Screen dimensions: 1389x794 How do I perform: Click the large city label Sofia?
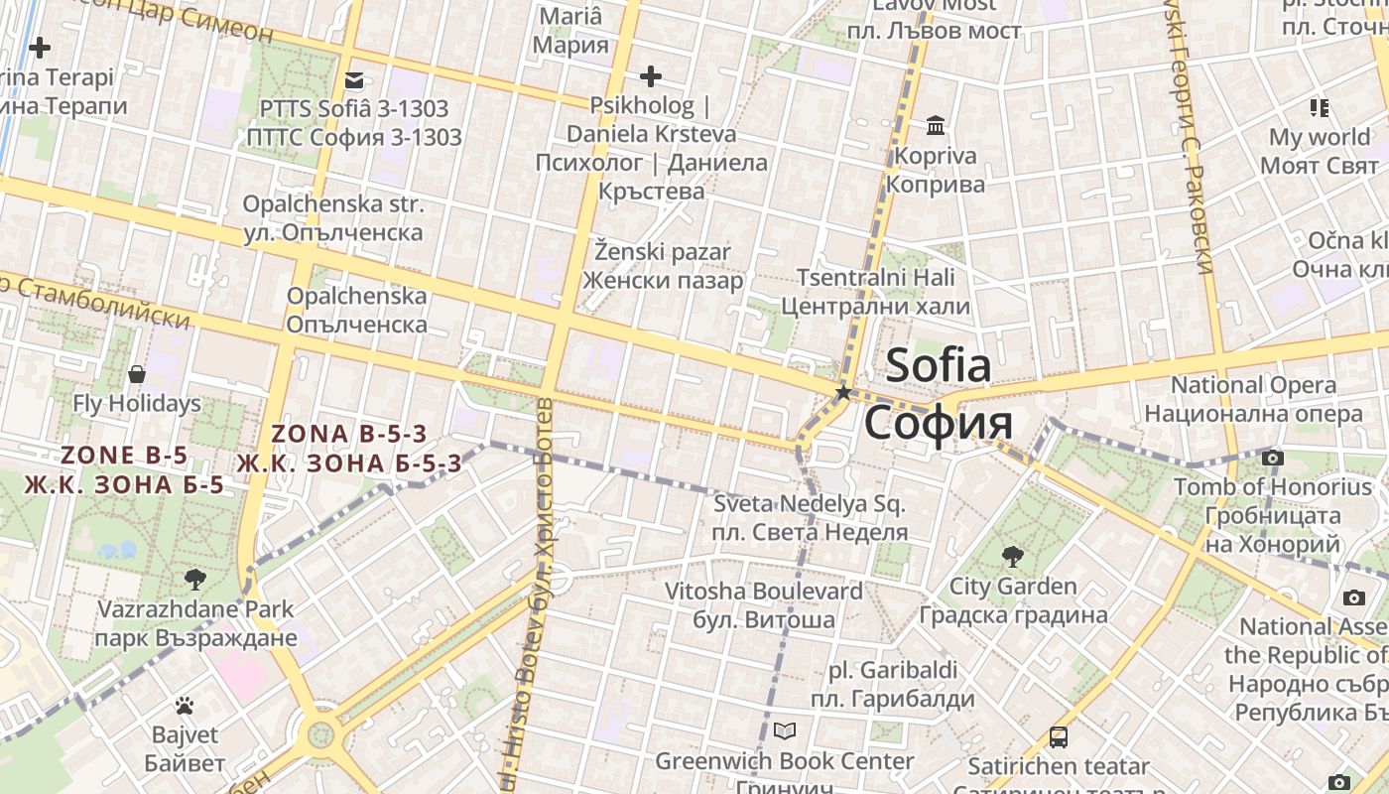[938, 366]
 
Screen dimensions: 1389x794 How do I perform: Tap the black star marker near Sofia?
[843, 393]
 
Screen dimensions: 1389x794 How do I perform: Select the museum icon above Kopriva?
[936, 126]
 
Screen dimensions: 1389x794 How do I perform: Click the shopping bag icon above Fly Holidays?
[137, 374]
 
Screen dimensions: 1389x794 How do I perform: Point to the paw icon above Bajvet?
[185, 706]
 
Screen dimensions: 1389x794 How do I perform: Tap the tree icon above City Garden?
[1012, 556]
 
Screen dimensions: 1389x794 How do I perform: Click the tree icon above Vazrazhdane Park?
[195, 579]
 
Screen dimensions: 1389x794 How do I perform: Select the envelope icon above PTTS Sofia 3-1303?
[354, 80]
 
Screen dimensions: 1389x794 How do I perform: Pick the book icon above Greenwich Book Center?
[785, 731]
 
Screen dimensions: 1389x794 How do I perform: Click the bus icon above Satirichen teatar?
[1059, 737]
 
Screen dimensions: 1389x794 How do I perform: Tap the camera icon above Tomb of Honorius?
[1272, 459]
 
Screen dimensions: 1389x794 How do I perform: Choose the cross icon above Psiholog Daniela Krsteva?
[651, 76]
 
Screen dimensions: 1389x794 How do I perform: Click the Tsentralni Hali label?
[876, 277]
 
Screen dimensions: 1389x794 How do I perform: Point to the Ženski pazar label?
[663, 252]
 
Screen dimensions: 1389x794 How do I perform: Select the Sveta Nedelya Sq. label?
[810, 504]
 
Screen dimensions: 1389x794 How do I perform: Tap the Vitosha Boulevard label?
[763, 592]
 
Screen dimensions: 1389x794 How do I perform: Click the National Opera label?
[1253, 385]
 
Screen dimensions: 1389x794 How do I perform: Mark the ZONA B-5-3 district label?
[349, 434]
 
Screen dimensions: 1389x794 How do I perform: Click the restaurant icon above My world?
[1319, 107]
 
